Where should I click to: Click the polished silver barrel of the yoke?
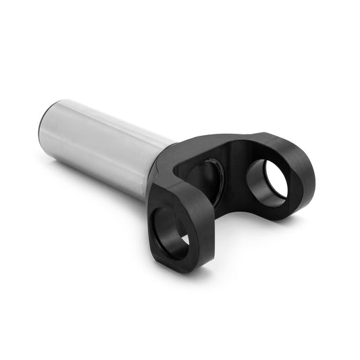(108, 145)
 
